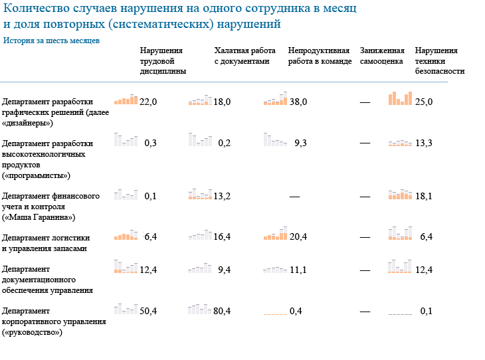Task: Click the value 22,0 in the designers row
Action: click(x=148, y=102)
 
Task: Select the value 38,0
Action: click(x=298, y=102)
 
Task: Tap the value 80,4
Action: click(x=222, y=311)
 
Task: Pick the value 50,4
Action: click(x=148, y=311)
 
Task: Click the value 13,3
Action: click(x=424, y=143)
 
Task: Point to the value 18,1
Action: click(x=424, y=197)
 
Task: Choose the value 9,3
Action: click(x=300, y=143)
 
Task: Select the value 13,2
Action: click(x=222, y=197)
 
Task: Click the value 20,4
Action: click(x=298, y=237)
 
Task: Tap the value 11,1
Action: click(x=298, y=270)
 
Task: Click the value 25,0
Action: click(x=424, y=102)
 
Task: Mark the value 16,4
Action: click(x=222, y=237)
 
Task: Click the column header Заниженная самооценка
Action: click(x=382, y=56)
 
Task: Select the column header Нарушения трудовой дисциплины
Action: click(x=163, y=60)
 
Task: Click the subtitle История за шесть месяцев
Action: click(x=51, y=41)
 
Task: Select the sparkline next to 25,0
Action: click(x=401, y=98)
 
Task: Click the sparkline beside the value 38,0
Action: click(x=276, y=100)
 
